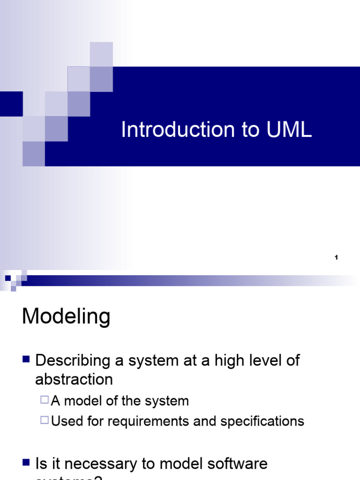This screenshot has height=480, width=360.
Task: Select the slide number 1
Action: pos(337,258)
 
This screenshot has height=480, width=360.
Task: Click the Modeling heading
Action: pos(66,317)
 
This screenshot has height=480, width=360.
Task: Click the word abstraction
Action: pos(74,379)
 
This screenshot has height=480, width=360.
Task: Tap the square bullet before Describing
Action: pos(26,360)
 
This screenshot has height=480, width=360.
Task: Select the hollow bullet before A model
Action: pos(45,400)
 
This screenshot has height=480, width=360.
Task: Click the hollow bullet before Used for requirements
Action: pos(45,420)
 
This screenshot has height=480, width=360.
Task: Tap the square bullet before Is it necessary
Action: pos(26,463)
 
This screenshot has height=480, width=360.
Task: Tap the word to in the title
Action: pos(251,130)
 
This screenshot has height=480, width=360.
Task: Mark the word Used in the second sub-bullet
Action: pos(62,421)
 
